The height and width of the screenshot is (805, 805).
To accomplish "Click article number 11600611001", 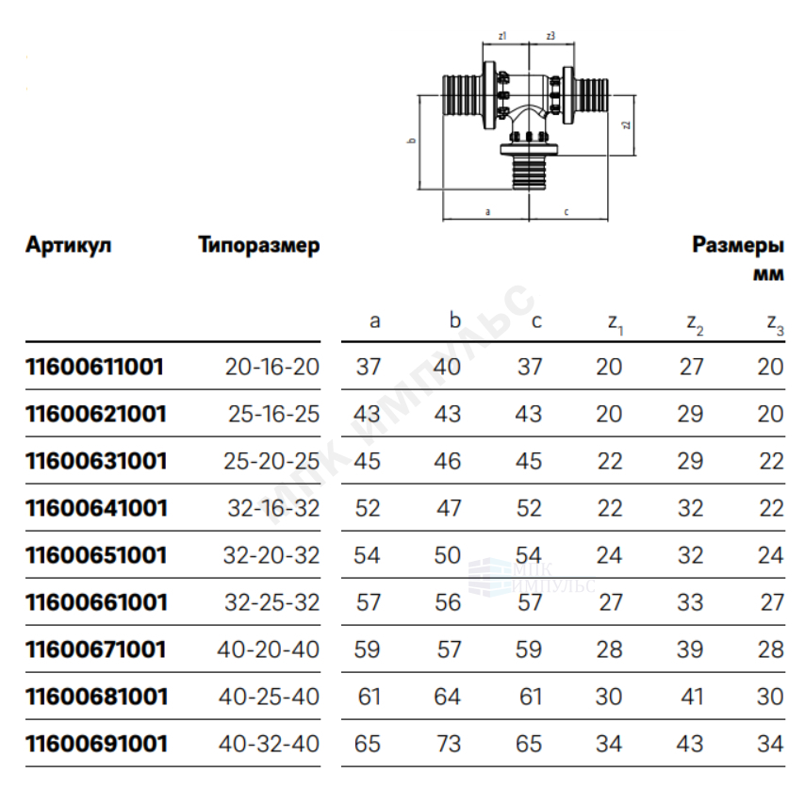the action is click(x=95, y=367).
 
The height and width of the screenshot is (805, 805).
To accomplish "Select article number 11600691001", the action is click(x=96, y=744).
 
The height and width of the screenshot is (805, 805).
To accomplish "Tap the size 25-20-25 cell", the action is click(x=271, y=461).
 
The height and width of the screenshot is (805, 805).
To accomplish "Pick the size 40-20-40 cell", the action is click(x=269, y=649).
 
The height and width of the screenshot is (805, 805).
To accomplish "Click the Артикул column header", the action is click(x=68, y=245).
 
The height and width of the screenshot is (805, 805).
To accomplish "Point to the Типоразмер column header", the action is click(x=259, y=246).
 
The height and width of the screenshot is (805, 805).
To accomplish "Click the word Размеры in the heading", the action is click(x=738, y=246).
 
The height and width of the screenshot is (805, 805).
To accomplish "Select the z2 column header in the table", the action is click(x=695, y=323).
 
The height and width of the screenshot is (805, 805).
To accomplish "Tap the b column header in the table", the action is click(x=455, y=320).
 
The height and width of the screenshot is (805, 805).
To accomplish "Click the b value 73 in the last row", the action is click(x=448, y=744).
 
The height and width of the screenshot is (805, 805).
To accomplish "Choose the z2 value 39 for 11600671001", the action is click(x=690, y=649).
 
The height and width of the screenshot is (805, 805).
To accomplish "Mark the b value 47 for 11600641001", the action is click(x=449, y=508).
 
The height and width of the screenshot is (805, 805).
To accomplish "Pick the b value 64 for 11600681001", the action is click(x=448, y=697).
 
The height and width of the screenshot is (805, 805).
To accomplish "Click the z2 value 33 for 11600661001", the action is click(x=690, y=602).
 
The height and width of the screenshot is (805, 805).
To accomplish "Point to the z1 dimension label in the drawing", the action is click(x=502, y=36).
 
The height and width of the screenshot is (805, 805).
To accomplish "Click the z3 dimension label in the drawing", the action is click(x=550, y=36).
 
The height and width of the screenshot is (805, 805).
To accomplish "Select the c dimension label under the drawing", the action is click(x=567, y=211).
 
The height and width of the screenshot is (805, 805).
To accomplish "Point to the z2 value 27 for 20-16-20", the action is click(x=691, y=367).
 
